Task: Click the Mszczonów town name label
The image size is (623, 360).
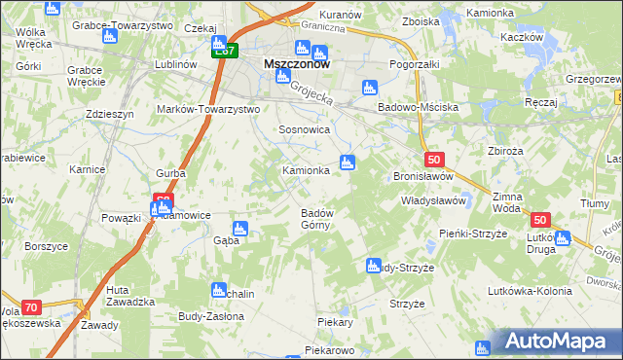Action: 297,65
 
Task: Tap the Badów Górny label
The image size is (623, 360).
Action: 316,219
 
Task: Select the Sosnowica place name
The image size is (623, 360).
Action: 305,129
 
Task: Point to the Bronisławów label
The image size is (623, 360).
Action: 423,177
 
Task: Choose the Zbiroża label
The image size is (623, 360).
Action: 506,151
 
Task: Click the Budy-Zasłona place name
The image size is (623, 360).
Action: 211,316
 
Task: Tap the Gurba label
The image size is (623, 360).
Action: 169,173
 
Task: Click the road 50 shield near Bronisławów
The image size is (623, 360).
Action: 434,160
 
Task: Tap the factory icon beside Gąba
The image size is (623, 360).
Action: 240,229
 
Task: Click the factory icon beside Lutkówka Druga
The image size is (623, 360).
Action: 563,237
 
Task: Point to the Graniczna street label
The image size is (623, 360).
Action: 322,29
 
